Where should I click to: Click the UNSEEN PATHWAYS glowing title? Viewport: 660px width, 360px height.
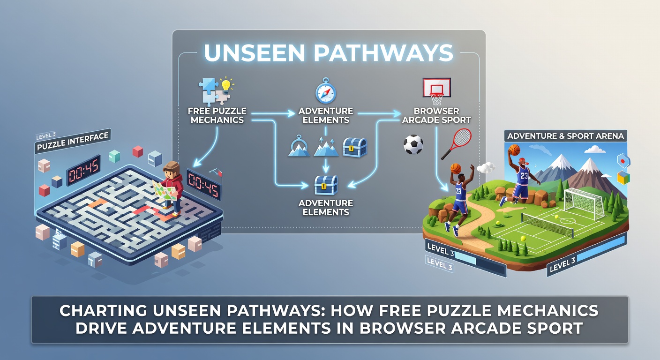[x=328, y=52]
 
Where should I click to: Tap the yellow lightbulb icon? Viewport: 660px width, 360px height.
[x=226, y=85]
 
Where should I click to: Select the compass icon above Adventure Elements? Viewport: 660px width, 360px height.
[x=326, y=91]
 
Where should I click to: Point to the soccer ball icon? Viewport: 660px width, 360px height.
[x=413, y=144]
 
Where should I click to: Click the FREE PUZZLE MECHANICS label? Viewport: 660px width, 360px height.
[x=217, y=115]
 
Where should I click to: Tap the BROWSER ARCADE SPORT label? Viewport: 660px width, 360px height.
[x=436, y=115]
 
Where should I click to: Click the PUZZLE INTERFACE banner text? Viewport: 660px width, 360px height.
[x=73, y=141]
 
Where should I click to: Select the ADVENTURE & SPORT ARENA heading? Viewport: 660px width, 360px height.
[x=565, y=136]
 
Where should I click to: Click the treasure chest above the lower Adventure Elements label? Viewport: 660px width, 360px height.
[x=326, y=185]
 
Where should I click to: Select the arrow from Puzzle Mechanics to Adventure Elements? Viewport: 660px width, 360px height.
[x=273, y=113]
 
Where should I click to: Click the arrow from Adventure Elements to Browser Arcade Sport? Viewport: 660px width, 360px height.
[x=380, y=113]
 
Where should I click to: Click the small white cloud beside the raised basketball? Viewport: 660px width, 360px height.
[x=486, y=168]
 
